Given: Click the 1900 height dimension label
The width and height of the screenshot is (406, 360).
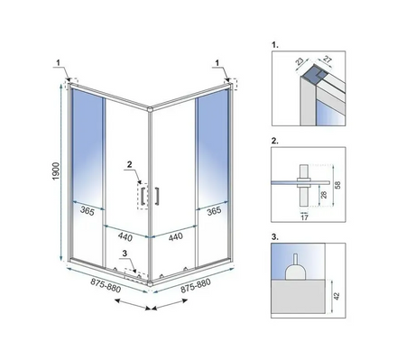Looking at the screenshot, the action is click(x=56, y=171).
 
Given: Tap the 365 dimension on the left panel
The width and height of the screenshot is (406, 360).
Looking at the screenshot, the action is click(x=88, y=211).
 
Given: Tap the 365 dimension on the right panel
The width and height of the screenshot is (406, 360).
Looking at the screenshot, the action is click(x=214, y=210).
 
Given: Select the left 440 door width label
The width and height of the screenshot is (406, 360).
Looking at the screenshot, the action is click(x=125, y=237).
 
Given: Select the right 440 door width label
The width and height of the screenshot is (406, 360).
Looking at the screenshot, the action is click(x=176, y=236).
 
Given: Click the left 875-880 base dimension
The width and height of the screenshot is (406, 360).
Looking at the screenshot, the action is click(x=106, y=285).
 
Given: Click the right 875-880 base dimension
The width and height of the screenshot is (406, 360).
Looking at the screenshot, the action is click(x=196, y=286).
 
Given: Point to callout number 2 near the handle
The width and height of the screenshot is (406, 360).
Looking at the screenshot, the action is click(x=130, y=164).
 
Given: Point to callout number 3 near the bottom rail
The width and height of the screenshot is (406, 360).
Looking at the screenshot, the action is click(x=125, y=254).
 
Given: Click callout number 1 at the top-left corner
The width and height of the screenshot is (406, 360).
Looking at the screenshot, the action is click(x=59, y=62).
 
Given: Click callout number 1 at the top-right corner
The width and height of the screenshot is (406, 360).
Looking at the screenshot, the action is click(x=217, y=62).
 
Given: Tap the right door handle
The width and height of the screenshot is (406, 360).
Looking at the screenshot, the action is click(x=157, y=196).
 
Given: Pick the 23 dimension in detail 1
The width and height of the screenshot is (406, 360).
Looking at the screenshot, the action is click(x=300, y=62).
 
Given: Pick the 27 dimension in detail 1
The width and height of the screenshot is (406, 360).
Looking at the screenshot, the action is click(x=328, y=60).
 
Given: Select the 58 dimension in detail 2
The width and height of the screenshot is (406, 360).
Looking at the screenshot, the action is click(x=338, y=185).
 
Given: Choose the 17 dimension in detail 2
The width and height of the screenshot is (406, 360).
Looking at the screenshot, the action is click(x=305, y=217).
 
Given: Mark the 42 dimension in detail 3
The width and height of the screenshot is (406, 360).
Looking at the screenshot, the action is click(x=337, y=296).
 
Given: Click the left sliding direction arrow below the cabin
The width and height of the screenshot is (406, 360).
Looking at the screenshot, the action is click(x=133, y=304).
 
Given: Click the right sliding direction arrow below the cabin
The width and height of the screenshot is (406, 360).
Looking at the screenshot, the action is click(x=170, y=304).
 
